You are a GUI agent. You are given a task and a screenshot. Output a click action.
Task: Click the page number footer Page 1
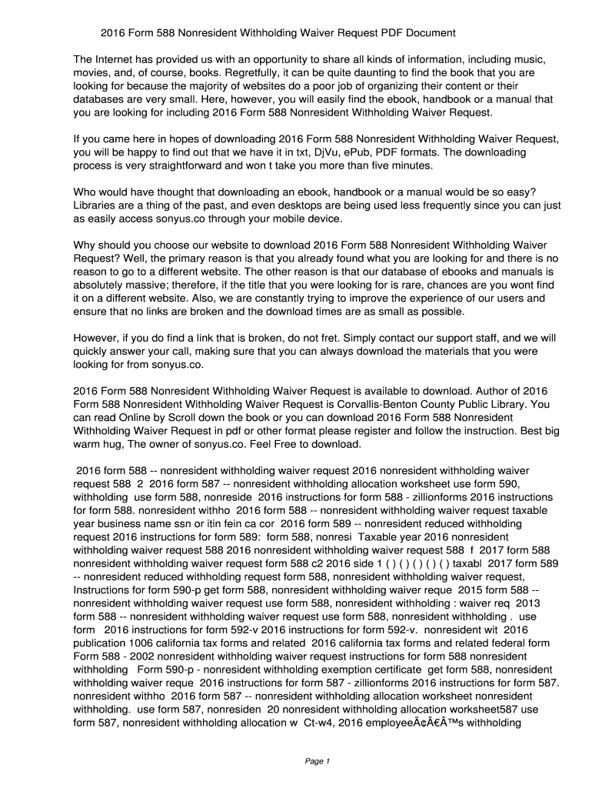click(x=317, y=762)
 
